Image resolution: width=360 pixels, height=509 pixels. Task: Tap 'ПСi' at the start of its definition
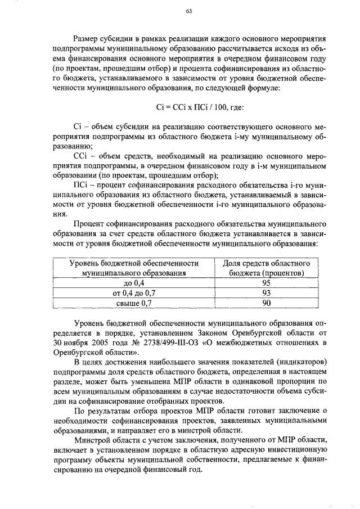coord(80,183)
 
